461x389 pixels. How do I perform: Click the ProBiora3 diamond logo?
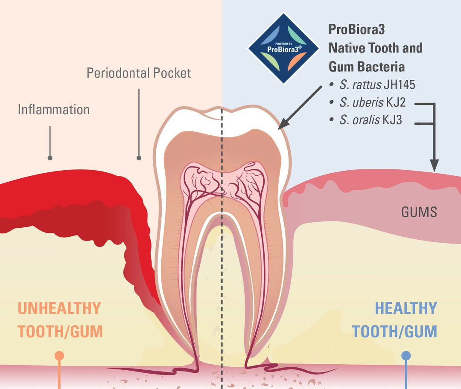click(283, 48)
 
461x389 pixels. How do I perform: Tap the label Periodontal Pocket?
click(139, 73)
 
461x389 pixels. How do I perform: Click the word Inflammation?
click(54, 110)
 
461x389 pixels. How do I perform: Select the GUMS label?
click(419, 212)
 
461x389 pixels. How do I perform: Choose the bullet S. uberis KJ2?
click(371, 102)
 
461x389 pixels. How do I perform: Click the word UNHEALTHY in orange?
click(59, 308)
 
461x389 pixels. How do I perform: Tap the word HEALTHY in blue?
click(406, 308)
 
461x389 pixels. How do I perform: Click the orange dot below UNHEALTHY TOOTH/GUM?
click(59, 355)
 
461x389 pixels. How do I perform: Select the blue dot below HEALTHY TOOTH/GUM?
click(406, 355)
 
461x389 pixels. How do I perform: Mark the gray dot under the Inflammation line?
click(50, 158)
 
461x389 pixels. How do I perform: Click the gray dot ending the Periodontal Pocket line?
click(139, 158)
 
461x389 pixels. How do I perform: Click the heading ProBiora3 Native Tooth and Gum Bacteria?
click(375, 48)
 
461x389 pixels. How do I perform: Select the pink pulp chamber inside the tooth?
click(222, 179)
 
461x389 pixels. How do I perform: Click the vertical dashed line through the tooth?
click(222, 256)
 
